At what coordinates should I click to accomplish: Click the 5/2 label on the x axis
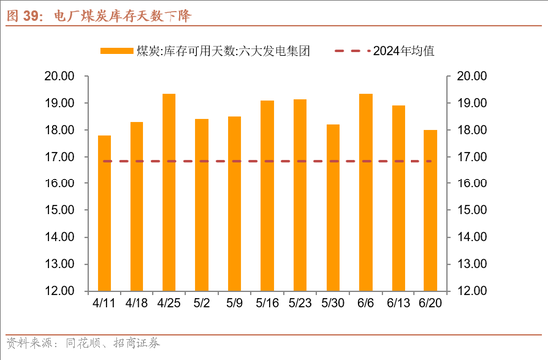click(202, 303)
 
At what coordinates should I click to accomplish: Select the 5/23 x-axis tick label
click(300, 303)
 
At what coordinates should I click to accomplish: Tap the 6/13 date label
click(398, 303)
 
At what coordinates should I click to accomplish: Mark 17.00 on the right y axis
click(470, 157)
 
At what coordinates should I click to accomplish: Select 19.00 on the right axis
click(470, 103)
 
